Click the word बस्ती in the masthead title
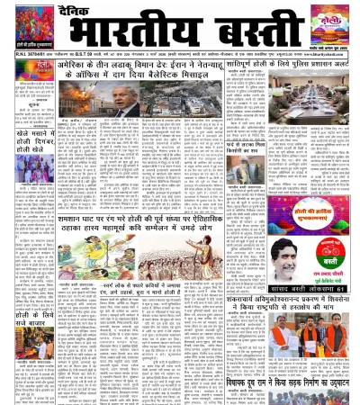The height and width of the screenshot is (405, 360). coord(247,32)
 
